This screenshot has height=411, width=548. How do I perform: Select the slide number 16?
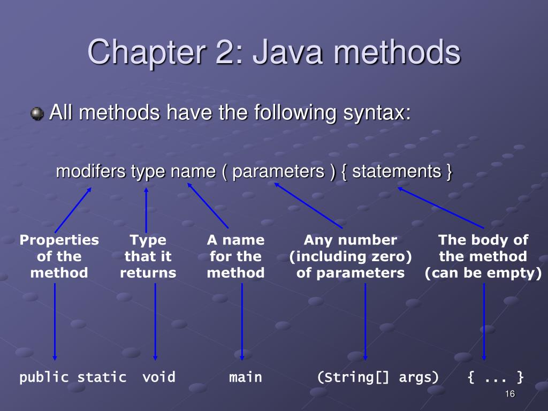click(x=509, y=394)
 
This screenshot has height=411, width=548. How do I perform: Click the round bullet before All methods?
click(x=37, y=114)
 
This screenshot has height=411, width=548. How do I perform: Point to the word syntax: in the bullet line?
click(x=374, y=113)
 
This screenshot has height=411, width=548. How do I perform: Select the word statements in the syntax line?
click(x=396, y=172)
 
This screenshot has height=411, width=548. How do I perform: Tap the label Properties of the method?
click(x=59, y=256)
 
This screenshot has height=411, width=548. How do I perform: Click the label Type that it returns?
click(x=148, y=256)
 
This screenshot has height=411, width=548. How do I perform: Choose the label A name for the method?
click(x=235, y=256)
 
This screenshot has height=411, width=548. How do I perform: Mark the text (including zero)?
click(x=351, y=257)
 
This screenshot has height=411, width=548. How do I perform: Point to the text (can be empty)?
click(x=483, y=273)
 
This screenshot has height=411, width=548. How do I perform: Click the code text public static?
click(x=73, y=377)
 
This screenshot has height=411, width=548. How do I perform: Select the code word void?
click(x=159, y=377)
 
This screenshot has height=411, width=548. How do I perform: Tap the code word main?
click(x=246, y=377)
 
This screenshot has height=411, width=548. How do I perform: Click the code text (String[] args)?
click(x=378, y=377)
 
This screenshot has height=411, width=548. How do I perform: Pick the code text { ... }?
click(x=496, y=377)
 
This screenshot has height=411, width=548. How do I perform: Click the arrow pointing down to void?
click(x=155, y=321)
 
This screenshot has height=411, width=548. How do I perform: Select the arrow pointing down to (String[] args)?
click(x=366, y=321)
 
